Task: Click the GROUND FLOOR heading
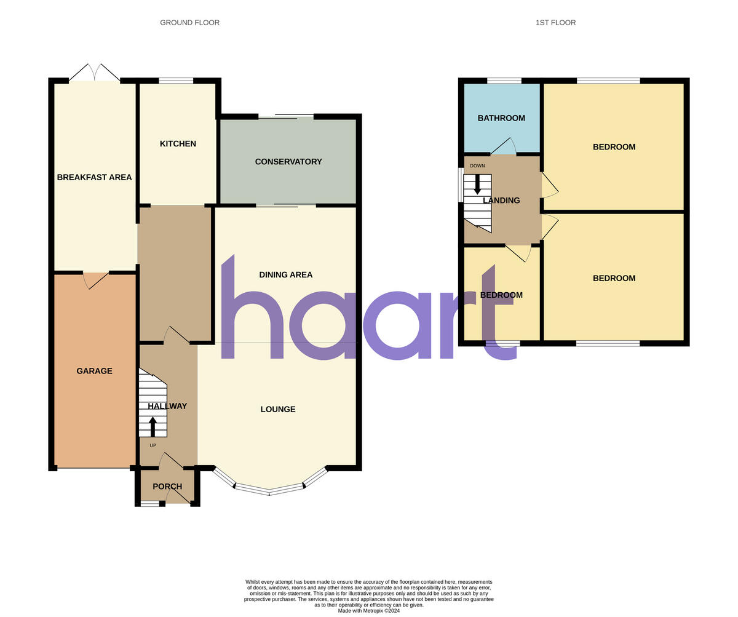189,23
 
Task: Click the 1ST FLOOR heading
555,23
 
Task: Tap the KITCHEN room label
178,144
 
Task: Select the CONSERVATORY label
288,162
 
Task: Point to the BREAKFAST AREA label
94,177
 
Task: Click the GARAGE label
94,371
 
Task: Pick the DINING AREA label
285,275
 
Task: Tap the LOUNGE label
278,409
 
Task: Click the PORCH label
167,487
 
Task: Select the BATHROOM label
501,118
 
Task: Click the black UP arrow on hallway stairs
153,426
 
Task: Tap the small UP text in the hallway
153,445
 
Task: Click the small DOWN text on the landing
477,166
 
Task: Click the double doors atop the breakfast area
95,73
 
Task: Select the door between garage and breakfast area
96,280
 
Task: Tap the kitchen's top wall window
176,81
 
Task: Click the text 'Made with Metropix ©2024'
369,611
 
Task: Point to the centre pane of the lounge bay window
269,490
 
